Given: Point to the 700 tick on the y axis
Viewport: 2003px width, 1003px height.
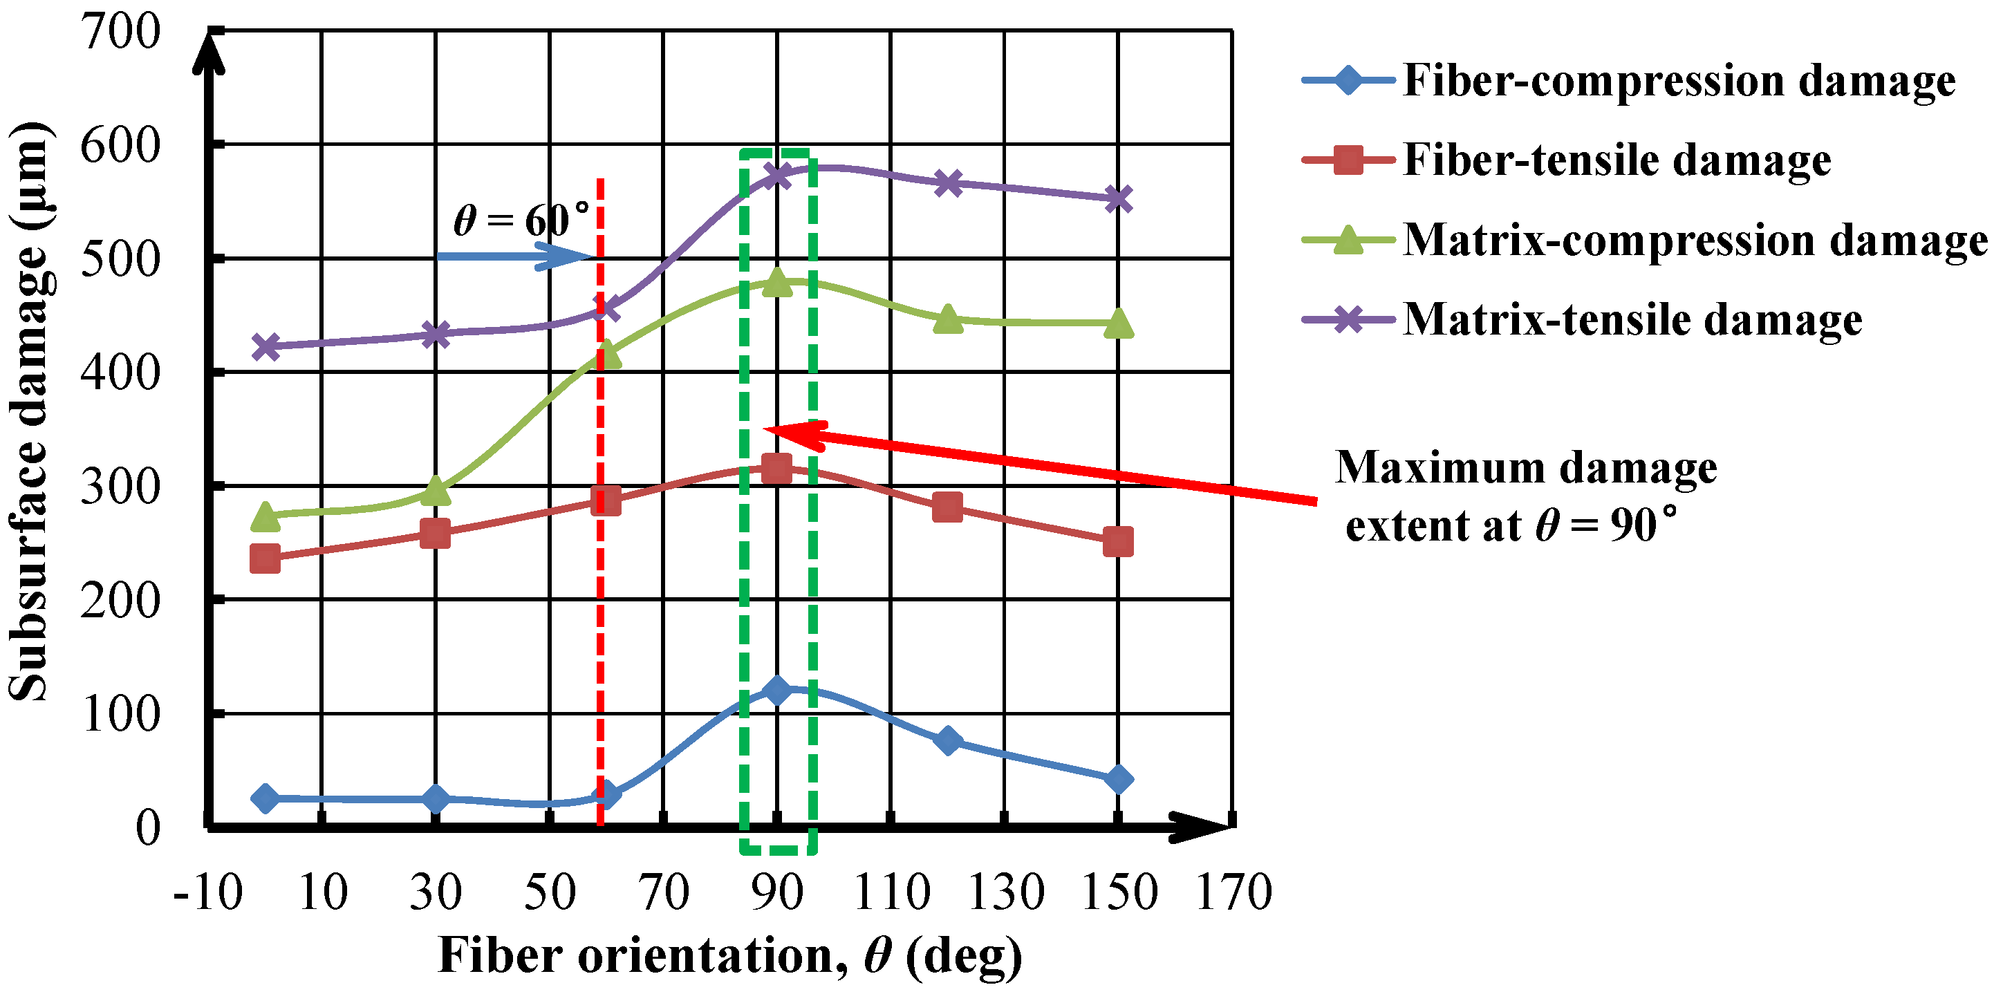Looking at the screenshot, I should point(120,32).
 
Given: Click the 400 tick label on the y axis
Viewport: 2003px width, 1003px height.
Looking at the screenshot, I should point(120,373).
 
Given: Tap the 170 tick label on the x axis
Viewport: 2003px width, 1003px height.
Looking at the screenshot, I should point(1233,892).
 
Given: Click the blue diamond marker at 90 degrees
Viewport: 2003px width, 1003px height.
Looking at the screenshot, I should point(776,690).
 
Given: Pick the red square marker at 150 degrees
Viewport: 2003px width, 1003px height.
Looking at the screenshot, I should point(1118,542).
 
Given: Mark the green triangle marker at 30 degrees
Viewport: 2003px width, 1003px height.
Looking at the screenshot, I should point(436,491).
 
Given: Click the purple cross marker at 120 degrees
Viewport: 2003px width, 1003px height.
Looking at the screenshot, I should point(948,183).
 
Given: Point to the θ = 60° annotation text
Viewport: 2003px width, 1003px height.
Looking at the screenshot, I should point(521,220).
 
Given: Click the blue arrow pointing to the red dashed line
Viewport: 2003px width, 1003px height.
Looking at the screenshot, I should point(513,256).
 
